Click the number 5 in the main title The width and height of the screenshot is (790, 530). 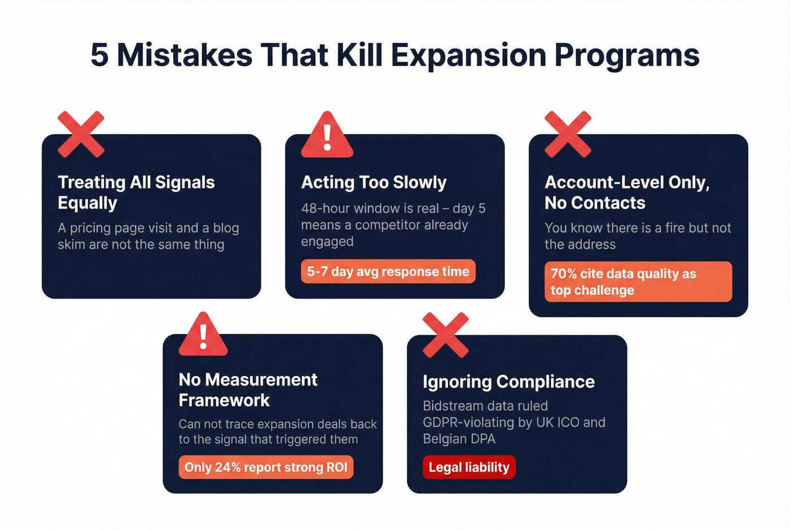pyautogui.click(x=99, y=55)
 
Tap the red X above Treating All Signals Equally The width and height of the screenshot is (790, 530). pyautogui.click(x=81, y=134)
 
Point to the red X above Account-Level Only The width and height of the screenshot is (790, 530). pyautogui.click(x=568, y=134)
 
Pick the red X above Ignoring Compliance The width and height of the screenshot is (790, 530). pyautogui.click(x=446, y=335)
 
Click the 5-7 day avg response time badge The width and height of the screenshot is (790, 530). pyautogui.click(x=388, y=271)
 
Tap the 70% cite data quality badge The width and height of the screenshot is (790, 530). pyautogui.click(x=638, y=282)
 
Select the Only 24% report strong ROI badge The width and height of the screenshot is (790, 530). pyautogui.click(x=266, y=467)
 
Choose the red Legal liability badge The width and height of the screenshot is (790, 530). pyautogui.click(x=469, y=467)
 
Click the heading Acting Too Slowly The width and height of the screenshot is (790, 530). pyautogui.click(x=374, y=182)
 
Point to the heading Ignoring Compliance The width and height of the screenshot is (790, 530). pyautogui.click(x=508, y=382)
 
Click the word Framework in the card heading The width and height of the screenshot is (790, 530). pyautogui.click(x=224, y=400)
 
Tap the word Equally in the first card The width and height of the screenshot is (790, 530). pyautogui.click(x=87, y=203)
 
